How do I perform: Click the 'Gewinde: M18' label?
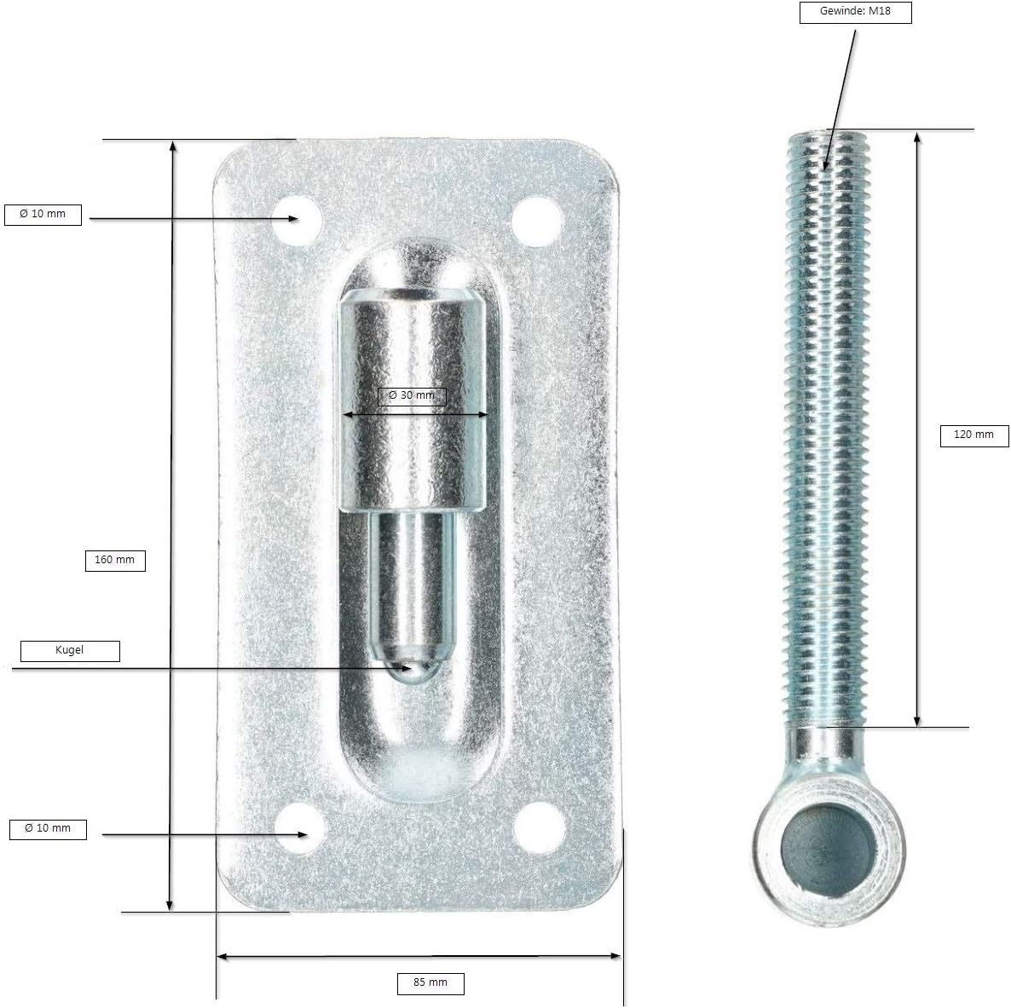click(x=855, y=12)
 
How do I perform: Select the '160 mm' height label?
click(x=115, y=560)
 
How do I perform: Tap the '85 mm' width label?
click(x=430, y=983)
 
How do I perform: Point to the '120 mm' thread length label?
click(x=973, y=435)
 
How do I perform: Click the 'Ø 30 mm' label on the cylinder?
click(x=412, y=395)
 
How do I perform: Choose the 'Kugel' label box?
click(x=70, y=650)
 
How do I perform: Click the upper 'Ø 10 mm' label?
click(x=43, y=214)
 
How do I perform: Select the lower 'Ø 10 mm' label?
click(x=48, y=829)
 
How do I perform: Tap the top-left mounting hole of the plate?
click(x=298, y=219)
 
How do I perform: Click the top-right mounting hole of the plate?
click(x=536, y=221)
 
